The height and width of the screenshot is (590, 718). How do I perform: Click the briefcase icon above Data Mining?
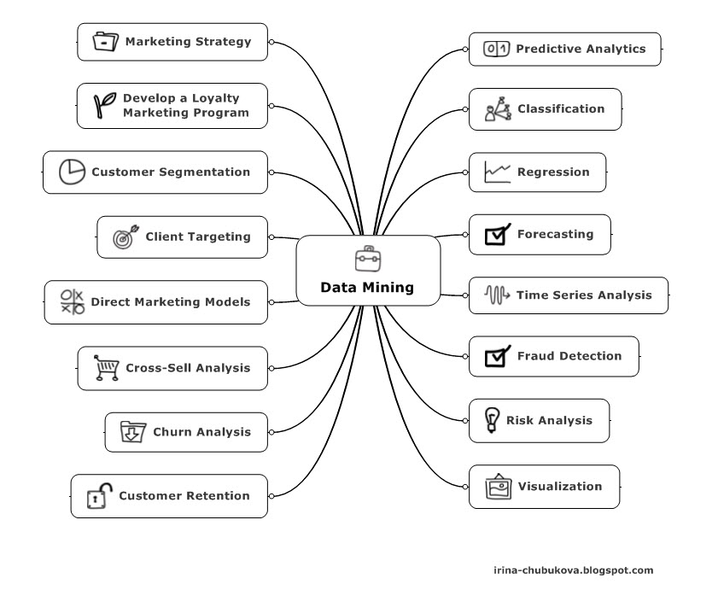click(x=367, y=259)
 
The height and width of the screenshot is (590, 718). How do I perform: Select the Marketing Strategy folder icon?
click(x=104, y=41)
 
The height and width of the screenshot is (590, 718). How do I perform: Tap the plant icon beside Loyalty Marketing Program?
click(x=105, y=105)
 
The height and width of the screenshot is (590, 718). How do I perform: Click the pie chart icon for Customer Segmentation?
click(x=72, y=172)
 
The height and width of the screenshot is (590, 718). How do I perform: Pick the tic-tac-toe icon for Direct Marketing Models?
click(x=72, y=301)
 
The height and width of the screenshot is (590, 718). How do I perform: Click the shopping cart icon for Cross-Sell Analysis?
click(x=105, y=368)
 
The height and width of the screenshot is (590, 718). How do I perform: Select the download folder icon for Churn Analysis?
click(x=132, y=432)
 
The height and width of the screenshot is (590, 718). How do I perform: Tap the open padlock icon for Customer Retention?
click(x=99, y=495)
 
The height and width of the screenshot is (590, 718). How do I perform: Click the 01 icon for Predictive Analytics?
click(x=496, y=49)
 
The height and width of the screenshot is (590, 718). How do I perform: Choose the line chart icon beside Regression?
click(x=497, y=172)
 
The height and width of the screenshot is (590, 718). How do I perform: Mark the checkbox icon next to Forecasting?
click(x=497, y=234)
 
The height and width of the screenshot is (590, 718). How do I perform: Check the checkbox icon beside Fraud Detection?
click(x=497, y=356)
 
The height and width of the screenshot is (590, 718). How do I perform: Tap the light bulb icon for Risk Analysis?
click(x=491, y=420)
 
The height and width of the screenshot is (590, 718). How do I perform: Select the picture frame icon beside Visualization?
click(x=498, y=487)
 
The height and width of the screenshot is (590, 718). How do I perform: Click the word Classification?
click(x=560, y=109)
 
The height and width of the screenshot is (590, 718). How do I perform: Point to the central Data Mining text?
click(x=367, y=288)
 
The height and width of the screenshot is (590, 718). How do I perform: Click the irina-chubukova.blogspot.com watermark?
click(x=574, y=570)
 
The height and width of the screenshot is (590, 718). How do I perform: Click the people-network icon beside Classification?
click(x=497, y=109)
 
